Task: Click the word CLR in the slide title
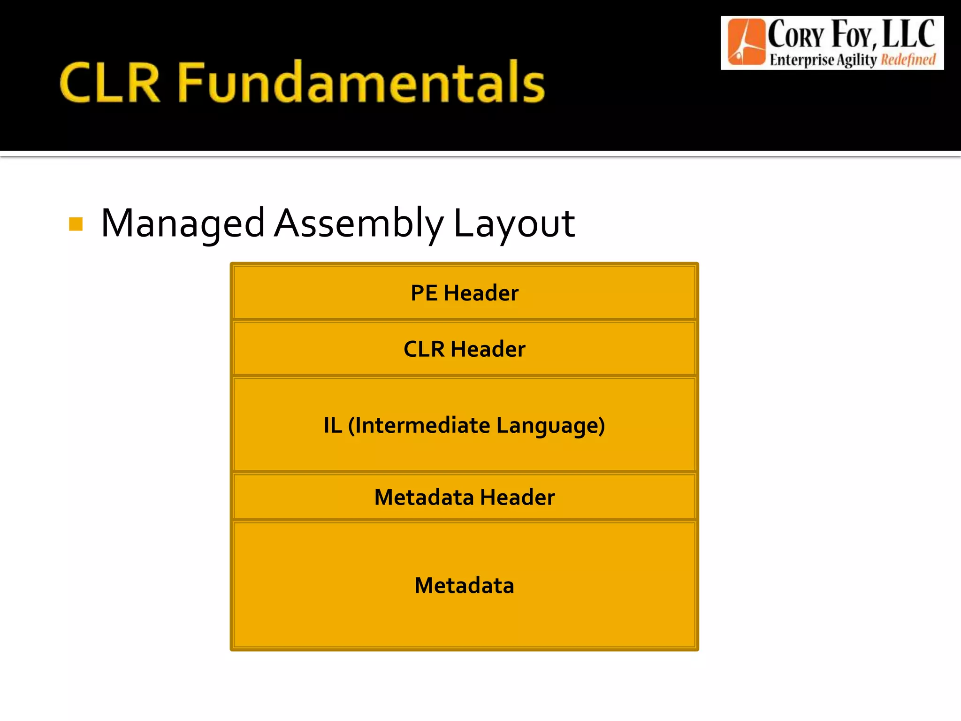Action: pyautogui.click(x=110, y=83)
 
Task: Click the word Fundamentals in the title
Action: pyautogui.click(x=361, y=83)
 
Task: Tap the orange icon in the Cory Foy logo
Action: pyautogui.click(x=745, y=42)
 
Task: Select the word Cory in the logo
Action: pyautogui.click(x=796, y=36)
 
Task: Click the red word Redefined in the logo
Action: pyautogui.click(x=908, y=60)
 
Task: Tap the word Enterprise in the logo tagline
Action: pyautogui.click(x=801, y=60)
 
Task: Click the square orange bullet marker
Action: pyautogui.click(x=76, y=224)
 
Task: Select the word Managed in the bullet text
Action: pyautogui.click(x=183, y=223)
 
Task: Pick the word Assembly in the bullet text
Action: pyautogui.click(x=358, y=223)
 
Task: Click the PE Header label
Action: pyautogui.click(x=465, y=293)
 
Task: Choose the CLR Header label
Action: pyautogui.click(x=465, y=349)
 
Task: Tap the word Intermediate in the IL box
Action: pyautogui.click(x=419, y=425)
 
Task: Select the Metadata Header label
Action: pyautogui.click(x=465, y=497)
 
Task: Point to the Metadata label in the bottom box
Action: pyautogui.click(x=465, y=585)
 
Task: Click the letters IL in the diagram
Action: pyautogui.click(x=333, y=425)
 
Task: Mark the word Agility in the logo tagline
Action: pyautogui.click(x=857, y=60)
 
